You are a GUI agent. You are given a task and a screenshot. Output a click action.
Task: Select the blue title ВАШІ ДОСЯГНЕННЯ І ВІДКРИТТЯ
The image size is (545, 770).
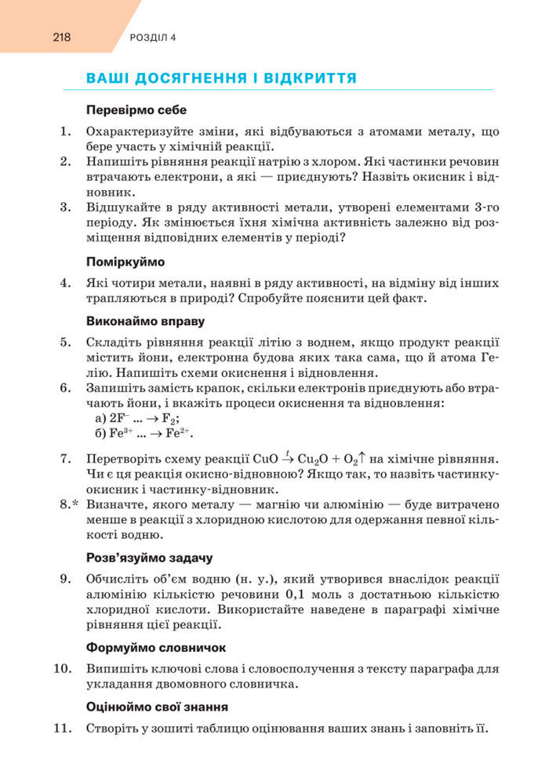[x=222, y=78]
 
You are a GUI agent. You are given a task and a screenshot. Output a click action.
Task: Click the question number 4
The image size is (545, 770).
[x=66, y=281]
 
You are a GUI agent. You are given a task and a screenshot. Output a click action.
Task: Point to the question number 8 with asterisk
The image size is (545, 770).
[x=71, y=504]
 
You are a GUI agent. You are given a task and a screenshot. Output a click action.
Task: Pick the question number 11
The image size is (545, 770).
[x=64, y=728]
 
